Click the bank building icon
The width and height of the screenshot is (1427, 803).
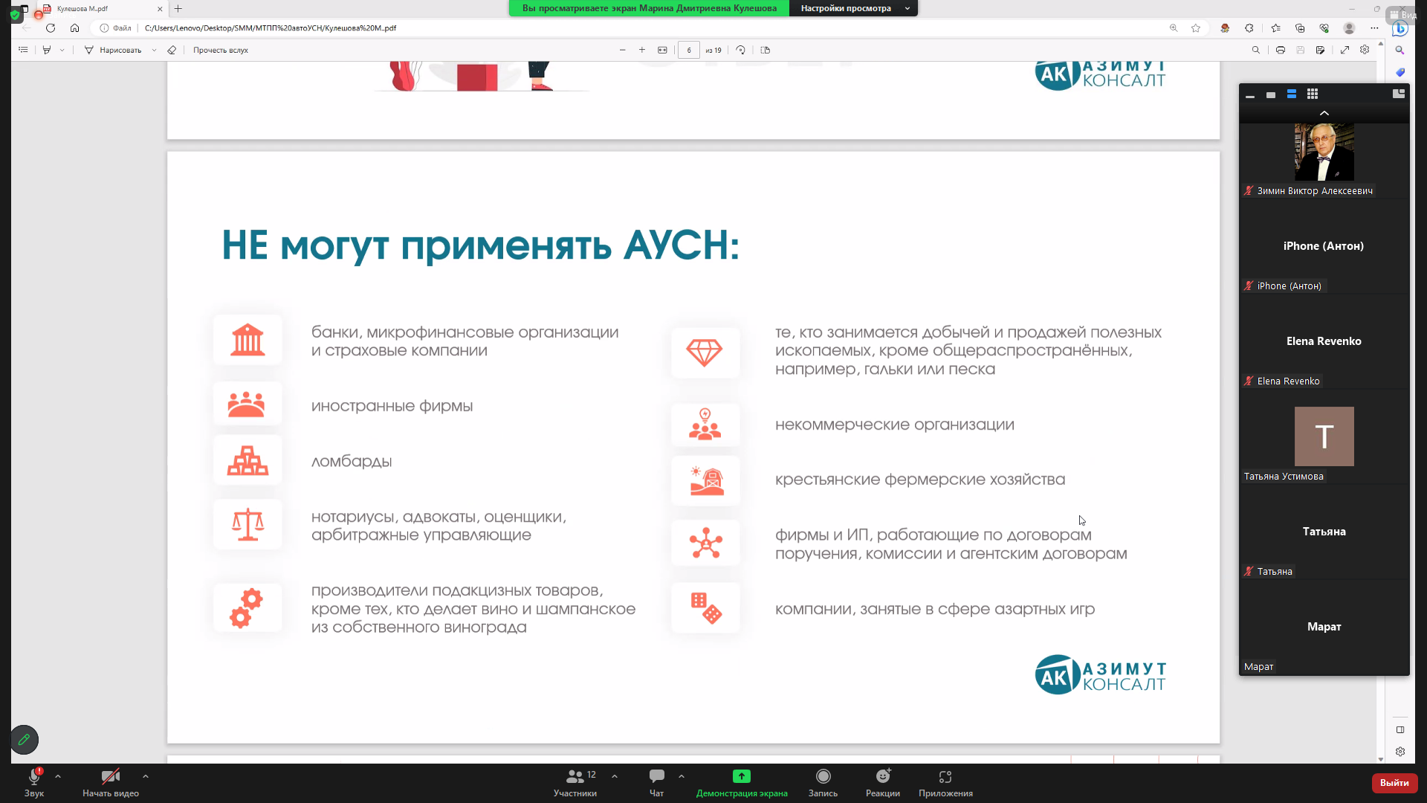tap(247, 340)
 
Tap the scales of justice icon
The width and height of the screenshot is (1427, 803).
tap(247, 524)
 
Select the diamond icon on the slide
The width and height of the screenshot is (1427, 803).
tap(705, 352)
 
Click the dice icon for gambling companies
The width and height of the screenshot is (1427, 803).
tap(706, 608)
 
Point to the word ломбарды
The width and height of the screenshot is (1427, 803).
tap(352, 462)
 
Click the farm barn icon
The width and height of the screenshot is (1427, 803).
tap(706, 480)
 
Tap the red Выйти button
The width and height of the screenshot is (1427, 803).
tap(1394, 783)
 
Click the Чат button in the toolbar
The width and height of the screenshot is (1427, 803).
tap(657, 783)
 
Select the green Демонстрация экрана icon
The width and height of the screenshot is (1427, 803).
tap(742, 776)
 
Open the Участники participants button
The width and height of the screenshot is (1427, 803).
tap(575, 783)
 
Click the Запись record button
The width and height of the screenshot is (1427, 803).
tap(823, 783)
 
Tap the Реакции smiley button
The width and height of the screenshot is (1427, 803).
tap(883, 783)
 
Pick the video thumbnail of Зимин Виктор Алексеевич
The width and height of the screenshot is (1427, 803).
tap(1324, 152)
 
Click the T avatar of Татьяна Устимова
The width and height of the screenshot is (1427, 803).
tap(1324, 436)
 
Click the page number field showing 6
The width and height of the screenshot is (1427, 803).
tap(689, 51)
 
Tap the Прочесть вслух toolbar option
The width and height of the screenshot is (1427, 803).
tap(221, 51)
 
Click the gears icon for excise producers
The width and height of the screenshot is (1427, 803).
tap(247, 608)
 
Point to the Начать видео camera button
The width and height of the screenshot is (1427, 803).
tap(111, 783)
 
